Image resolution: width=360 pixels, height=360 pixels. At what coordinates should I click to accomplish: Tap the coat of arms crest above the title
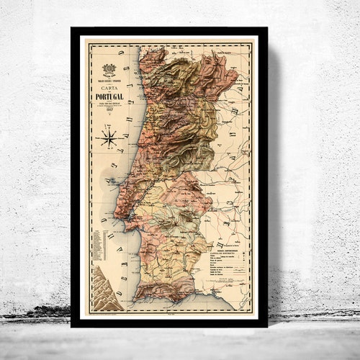(109, 70)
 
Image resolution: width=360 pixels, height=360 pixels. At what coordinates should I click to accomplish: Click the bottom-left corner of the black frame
(72, 325)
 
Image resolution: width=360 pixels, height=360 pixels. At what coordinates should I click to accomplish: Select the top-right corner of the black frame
(266, 29)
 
